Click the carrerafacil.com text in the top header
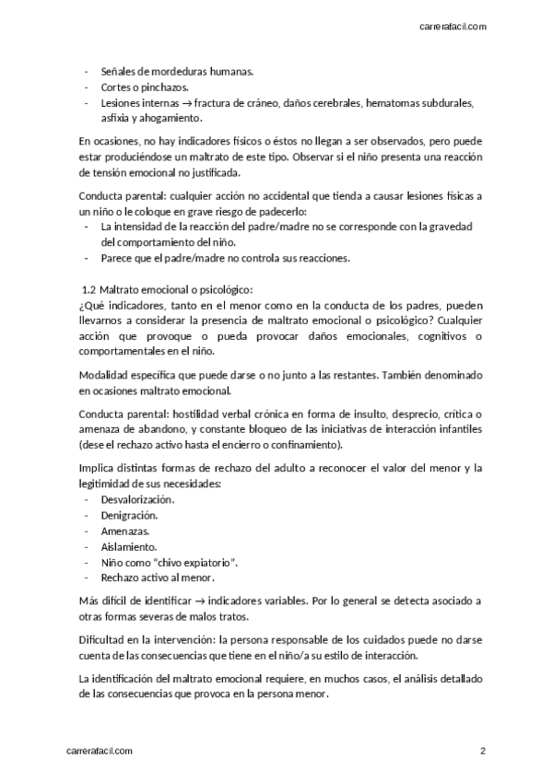(453, 27)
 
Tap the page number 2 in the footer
(482, 751)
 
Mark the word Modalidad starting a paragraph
(105, 377)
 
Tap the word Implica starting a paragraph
(97, 468)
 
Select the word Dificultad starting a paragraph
(104, 640)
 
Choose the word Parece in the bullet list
(117, 259)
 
